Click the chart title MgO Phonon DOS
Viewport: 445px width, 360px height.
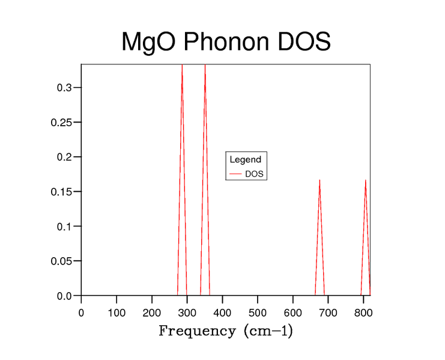point(226,42)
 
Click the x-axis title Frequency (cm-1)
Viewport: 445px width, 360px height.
point(226,331)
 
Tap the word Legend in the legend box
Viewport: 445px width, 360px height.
point(245,160)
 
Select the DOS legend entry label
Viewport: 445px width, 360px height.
point(255,174)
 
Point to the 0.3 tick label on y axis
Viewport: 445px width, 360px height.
point(65,88)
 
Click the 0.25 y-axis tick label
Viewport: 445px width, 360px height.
point(62,123)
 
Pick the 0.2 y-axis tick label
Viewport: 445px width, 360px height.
point(65,157)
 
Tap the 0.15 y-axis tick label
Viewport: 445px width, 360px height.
point(62,192)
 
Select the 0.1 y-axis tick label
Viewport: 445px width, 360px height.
point(65,227)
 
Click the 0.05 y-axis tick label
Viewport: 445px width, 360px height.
point(62,261)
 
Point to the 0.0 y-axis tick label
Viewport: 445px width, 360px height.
point(65,296)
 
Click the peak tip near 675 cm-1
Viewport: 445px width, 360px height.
point(319,180)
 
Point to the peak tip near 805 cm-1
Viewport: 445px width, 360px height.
point(365,180)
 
